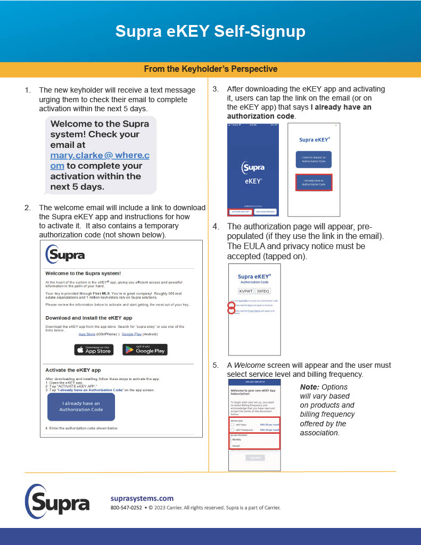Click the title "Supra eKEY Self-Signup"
pyautogui.click(x=210, y=31)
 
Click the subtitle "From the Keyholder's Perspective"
pyautogui.click(x=210, y=69)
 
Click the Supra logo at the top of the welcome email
pyautogui.click(x=65, y=254)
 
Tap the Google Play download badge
pyautogui.click(x=145, y=350)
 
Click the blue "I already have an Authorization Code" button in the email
pyautogui.click(x=81, y=407)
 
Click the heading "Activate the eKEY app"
pyautogui.click(x=73, y=370)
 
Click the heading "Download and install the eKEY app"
pyautogui.click(x=88, y=318)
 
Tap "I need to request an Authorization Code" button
pyautogui.click(x=313, y=160)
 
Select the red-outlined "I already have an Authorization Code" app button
pyautogui.click(x=313, y=183)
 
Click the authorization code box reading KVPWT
pyautogui.click(x=246, y=291)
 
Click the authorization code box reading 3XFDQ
pyautogui.click(x=263, y=291)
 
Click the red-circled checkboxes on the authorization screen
pyautogui.click(x=232, y=308)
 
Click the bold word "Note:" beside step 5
pyautogui.click(x=309, y=387)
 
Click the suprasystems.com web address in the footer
pyautogui.click(x=142, y=498)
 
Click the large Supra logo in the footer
pyautogui.click(x=57, y=502)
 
